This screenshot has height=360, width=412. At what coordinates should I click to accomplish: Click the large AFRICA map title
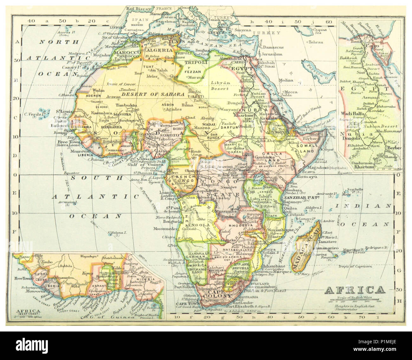(x=355, y=290)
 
